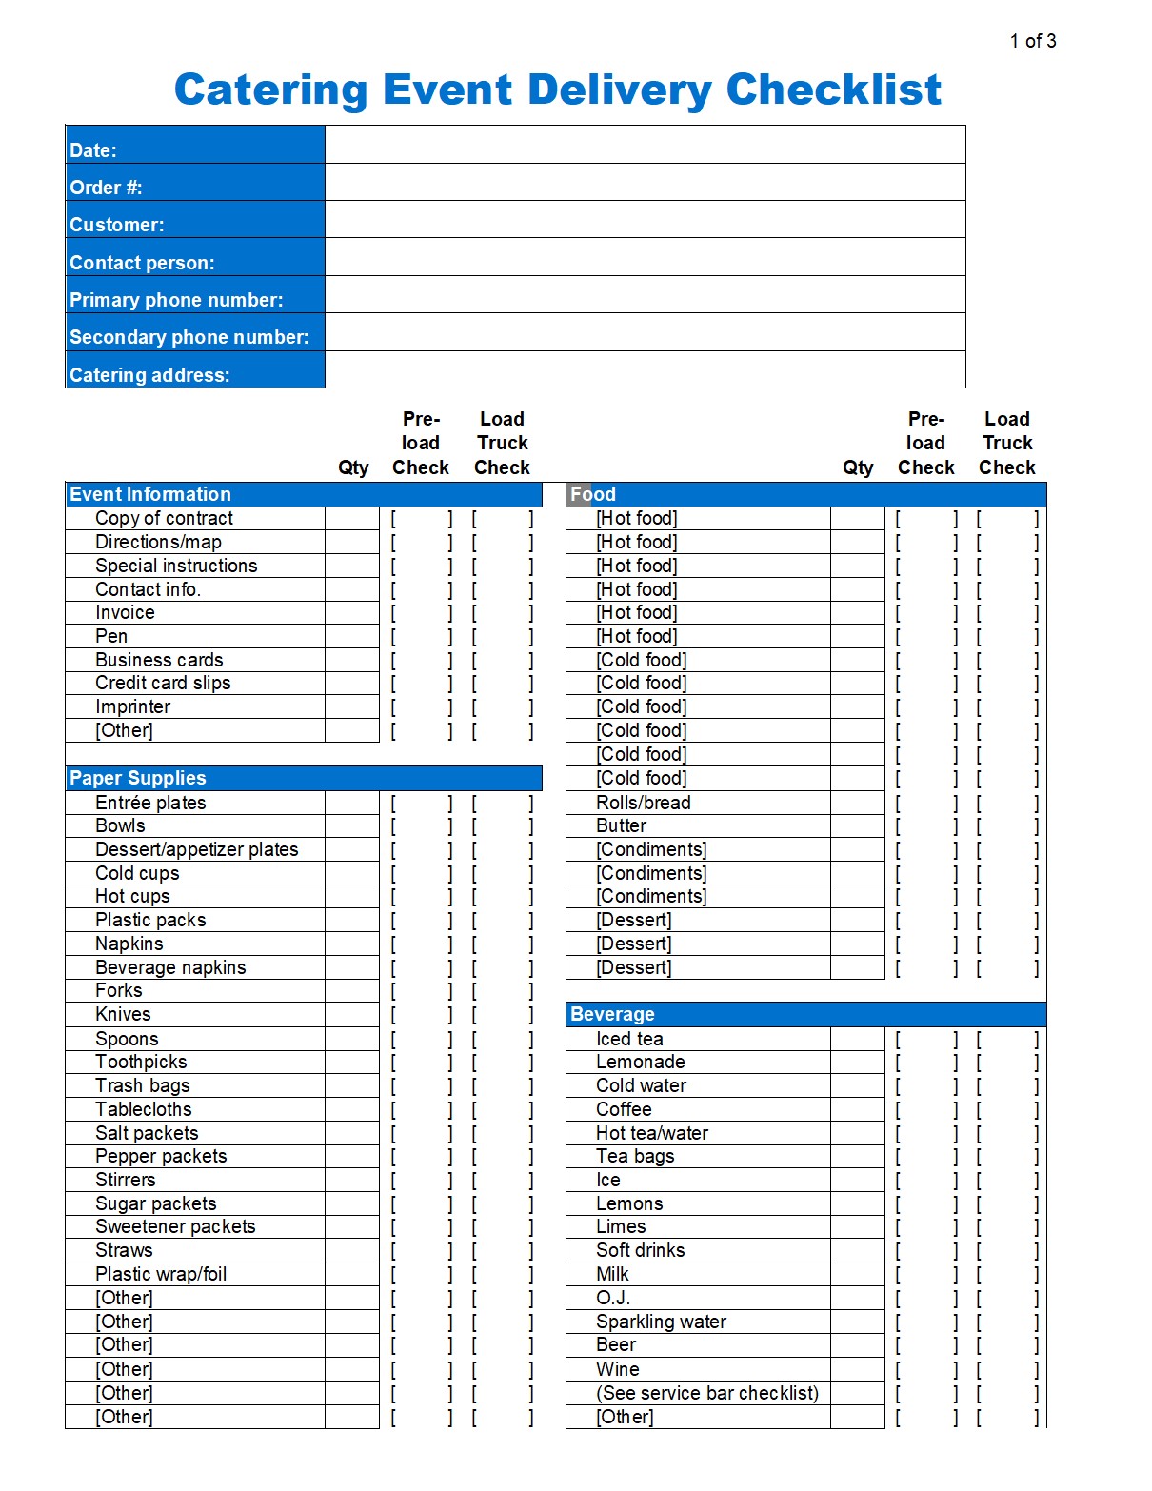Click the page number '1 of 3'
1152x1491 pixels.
click(1032, 41)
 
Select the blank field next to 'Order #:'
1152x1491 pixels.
click(645, 183)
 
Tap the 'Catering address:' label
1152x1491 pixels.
click(149, 375)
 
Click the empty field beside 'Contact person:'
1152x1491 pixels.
click(645, 257)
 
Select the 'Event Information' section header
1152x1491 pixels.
click(150, 494)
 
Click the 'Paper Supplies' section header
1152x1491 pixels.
click(138, 778)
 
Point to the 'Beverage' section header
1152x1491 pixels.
click(612, 1014)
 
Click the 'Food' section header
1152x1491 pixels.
click(593, 494)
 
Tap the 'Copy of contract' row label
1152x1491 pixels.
click(164, 518)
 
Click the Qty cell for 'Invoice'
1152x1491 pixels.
click(352, 612)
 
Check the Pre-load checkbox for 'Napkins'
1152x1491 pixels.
click(421, 944)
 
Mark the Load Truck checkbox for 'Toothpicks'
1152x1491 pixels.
click(502, 1062)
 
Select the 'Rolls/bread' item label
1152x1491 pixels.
click(643, 803)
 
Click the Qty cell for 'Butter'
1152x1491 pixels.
click(857, 825)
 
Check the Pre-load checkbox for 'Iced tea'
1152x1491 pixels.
click(925, 1039)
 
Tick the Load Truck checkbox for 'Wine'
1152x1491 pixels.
click(1006, 1369)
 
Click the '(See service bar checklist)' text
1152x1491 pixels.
click(706, 1393)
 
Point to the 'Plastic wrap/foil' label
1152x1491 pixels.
click(161, 1274)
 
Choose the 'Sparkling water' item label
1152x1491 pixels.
click(661, 1322)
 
